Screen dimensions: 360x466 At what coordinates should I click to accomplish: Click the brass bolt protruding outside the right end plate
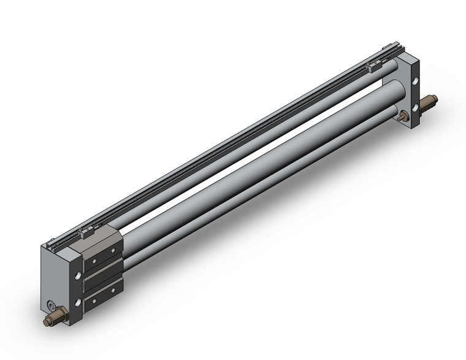pyautogui.click(x=430, y=100)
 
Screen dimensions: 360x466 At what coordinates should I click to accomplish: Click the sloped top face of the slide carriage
pyautogui.click(x=98, y=240)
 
